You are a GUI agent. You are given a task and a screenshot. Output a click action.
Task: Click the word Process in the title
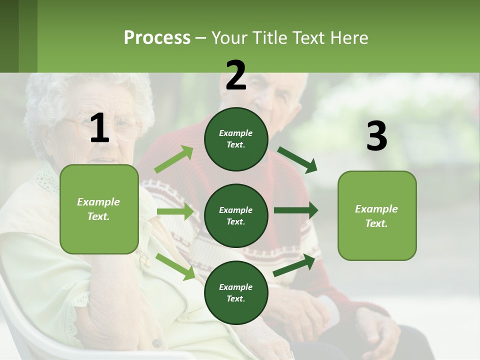pos(157,38)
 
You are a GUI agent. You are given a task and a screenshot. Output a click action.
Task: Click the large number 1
pos(99,128)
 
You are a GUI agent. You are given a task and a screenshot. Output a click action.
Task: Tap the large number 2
pos(235,75)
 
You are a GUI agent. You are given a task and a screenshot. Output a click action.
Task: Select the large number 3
pos(376,136)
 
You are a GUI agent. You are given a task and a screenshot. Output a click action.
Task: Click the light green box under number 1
pos(99,209)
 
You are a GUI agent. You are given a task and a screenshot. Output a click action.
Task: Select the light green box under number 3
pos(377,215)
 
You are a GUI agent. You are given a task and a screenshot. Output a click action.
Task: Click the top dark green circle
pos(236,138)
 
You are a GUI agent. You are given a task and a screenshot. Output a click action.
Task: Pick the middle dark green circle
pos(236,215)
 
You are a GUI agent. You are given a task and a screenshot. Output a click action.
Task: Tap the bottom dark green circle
pos(236,292)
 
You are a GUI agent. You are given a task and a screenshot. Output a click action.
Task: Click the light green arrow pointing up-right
pos(174,159)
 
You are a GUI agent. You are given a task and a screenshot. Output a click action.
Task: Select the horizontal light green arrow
pos(175,211)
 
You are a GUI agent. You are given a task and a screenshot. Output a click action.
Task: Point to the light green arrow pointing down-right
pos(175,266)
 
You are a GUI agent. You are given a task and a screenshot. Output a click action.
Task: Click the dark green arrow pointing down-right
pos(297,159)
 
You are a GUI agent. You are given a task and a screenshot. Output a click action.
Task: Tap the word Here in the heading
pos(348,38)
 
